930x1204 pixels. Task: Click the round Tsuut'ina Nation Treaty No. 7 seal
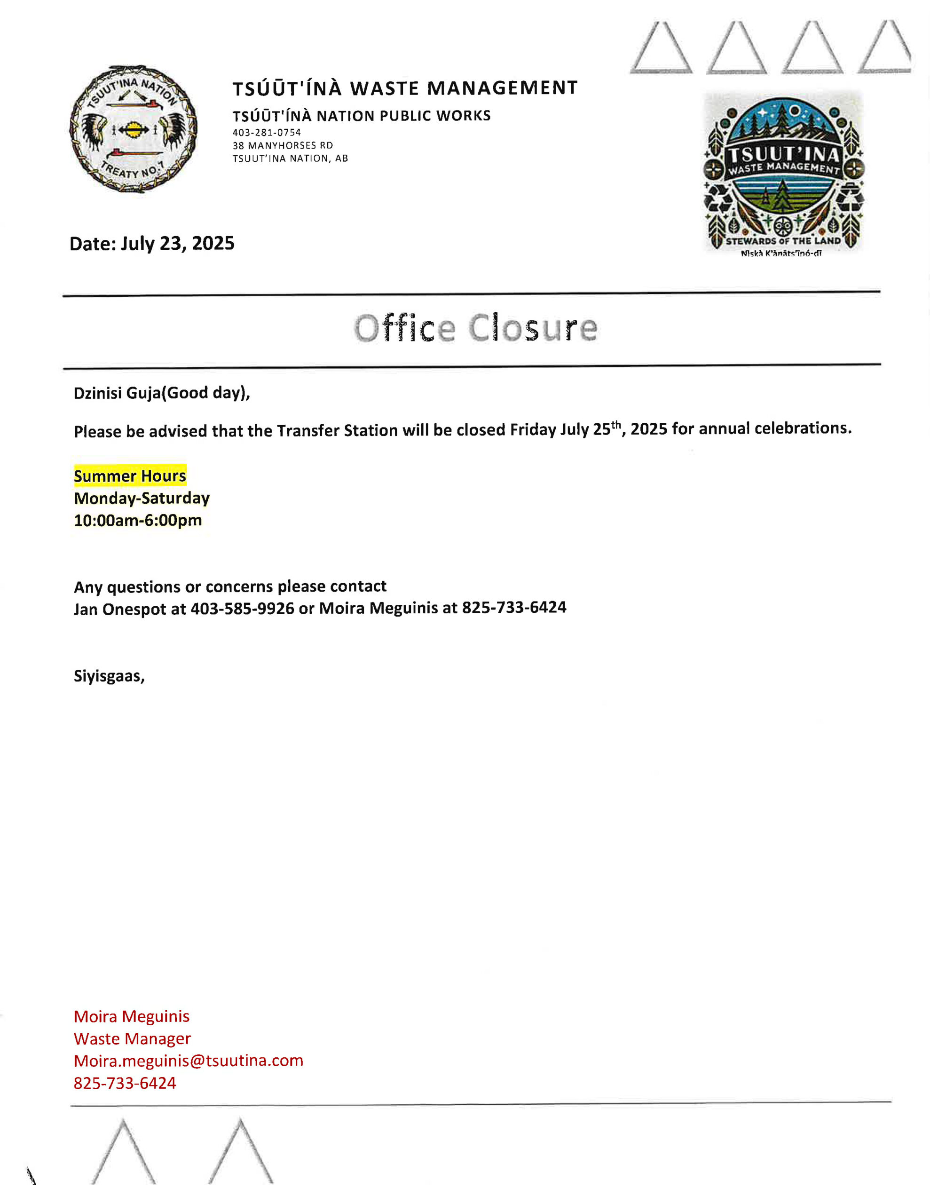pyautogui.click(x=133, y=129)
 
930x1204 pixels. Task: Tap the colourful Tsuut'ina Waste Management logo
pyautogui.click(x=784, y=172)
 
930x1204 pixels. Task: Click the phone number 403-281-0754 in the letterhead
pyautogui.click(x=267, y=132)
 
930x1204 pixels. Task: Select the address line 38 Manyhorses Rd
pyautogui.click(x=283, y=145)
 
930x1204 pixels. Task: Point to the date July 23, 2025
pyautogui.click(x=178, y=243)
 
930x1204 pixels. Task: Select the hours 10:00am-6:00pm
pyautogui.click(x=138, y=520)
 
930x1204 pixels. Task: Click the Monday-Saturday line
pyautogui.click(x=142, y=498)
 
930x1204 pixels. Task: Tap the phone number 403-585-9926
pyautogui.click(x=242, y=609)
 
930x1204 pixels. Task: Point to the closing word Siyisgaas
pyautogui.click(x=109, y=676)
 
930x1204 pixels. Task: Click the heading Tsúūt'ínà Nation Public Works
pyautogui.click(x=361, y=116)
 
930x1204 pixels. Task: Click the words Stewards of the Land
pyautogui.click(x=783, y=241)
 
